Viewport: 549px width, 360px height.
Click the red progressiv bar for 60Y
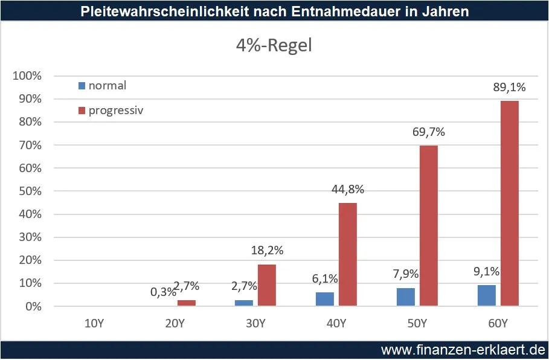[510, 204]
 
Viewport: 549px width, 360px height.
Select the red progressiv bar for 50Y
[429, 226]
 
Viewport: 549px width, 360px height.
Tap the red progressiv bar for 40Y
[348, 254]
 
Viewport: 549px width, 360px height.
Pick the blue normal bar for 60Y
[487, 295]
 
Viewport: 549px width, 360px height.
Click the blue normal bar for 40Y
[325, 299]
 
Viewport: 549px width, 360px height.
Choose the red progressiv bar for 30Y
[267, 285]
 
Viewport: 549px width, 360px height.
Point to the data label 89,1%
[509, 87]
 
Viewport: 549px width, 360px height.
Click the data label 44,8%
[347, 190]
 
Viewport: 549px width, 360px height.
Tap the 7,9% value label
[405, 275]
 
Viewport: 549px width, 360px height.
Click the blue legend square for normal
[82, 86]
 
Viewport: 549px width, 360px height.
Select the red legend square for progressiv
[82, 111]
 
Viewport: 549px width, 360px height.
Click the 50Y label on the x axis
[417, 323]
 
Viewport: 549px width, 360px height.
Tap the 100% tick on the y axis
[27, 76]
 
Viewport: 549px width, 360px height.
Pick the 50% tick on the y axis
[29, 191]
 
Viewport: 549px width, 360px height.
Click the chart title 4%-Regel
[274, 45]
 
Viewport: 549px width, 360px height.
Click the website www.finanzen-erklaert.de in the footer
[463, 350]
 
